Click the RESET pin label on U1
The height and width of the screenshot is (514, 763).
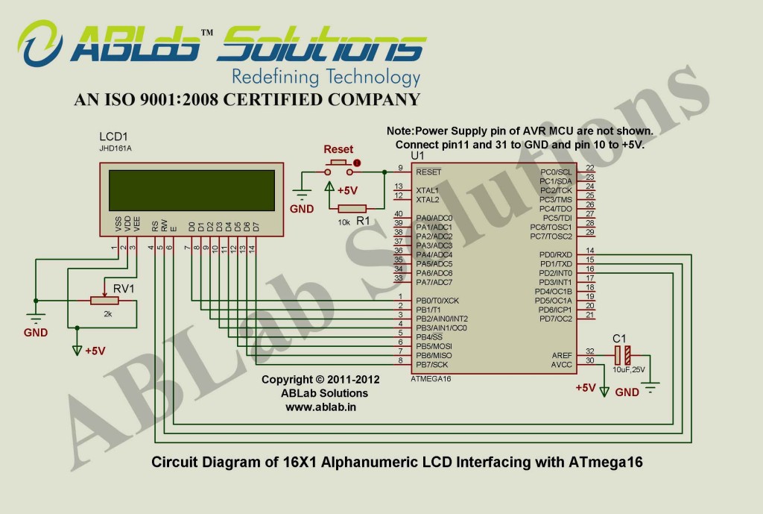pos(428,172)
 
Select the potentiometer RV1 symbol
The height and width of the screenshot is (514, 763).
pos(107,301)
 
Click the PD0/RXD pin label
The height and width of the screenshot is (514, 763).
pos(556,254)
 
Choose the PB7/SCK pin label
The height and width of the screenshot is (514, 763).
pos(431,365)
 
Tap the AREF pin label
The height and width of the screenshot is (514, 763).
pos(561,356)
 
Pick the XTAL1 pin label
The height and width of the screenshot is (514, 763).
pos(427,190)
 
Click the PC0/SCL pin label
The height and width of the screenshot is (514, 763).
pos(556,172)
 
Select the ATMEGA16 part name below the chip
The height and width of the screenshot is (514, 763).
pos(431,379)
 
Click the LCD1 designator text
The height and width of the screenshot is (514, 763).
pos(113,137)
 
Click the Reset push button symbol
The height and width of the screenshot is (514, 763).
pos(339,163)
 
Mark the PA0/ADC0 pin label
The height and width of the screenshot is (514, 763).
pos(434,218)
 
